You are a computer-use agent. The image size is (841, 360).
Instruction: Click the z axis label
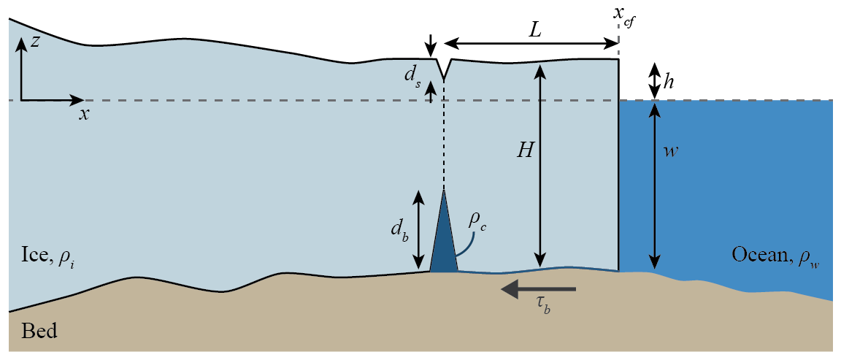[34, 42]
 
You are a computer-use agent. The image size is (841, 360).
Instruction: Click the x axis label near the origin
[85, 114]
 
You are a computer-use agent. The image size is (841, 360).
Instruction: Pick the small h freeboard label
[669, 83]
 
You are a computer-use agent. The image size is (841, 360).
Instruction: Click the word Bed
[39, 332]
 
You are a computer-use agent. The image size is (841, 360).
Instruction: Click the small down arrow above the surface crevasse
[431, 45]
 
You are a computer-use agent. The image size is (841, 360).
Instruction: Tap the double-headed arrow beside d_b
[418, 229]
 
